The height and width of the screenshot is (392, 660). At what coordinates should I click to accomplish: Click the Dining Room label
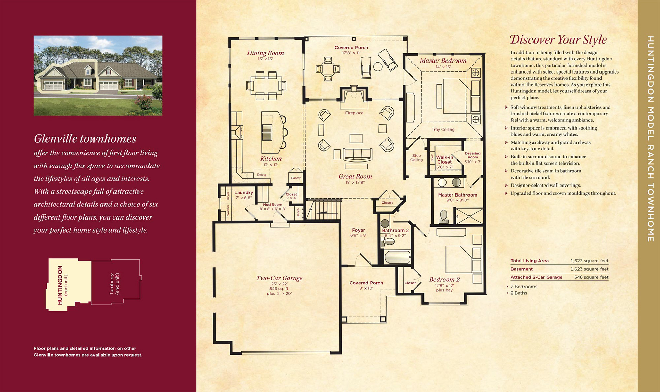[x=265, y=53]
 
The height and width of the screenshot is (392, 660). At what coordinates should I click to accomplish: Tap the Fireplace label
[x=354, y=113]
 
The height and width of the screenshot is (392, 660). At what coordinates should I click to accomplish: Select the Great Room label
[x=355, y=176]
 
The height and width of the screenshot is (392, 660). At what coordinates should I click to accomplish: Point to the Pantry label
[x=296, y=178]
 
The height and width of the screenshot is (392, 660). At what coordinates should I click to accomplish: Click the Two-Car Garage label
[x=279, y=278]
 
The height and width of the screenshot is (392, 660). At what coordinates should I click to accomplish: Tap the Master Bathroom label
[x=458, y=195]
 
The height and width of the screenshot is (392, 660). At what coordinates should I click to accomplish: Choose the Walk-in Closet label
[x=444, y=159]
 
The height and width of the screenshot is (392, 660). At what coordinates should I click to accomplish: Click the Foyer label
[x=358, y=230]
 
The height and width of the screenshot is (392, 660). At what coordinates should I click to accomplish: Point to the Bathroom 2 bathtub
[x=397, y=257]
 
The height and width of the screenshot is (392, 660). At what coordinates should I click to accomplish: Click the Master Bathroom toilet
[x=443, y=217]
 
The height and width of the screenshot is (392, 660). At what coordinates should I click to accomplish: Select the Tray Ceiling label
[x=443, y=130]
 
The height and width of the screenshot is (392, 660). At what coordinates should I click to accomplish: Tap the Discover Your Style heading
[x=558, y=40]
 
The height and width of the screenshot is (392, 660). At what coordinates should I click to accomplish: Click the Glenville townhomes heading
[x=85, y=138]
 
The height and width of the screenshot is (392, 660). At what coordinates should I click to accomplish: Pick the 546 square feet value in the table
[x=591, y=277]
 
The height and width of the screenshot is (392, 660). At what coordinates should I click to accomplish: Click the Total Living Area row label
[x=529, y=261]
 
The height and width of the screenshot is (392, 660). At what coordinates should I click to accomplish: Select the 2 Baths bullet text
[x=519, y=293]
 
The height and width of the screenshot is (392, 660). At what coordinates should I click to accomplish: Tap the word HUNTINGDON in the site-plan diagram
[x=60, y=285]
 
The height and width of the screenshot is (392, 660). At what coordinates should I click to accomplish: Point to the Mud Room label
[x=272, y=205]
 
